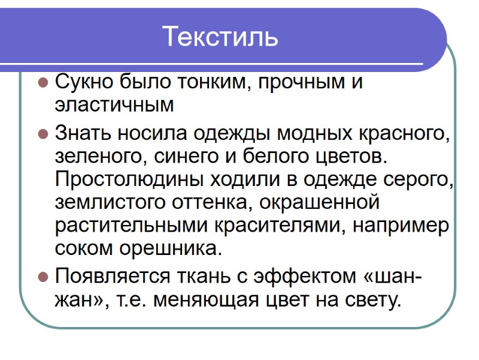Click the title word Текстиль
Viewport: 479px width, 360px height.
220,37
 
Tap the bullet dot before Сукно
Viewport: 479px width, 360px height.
43,82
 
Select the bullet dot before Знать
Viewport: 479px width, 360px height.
43,133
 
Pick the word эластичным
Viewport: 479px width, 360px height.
114,105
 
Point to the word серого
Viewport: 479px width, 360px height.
419,179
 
